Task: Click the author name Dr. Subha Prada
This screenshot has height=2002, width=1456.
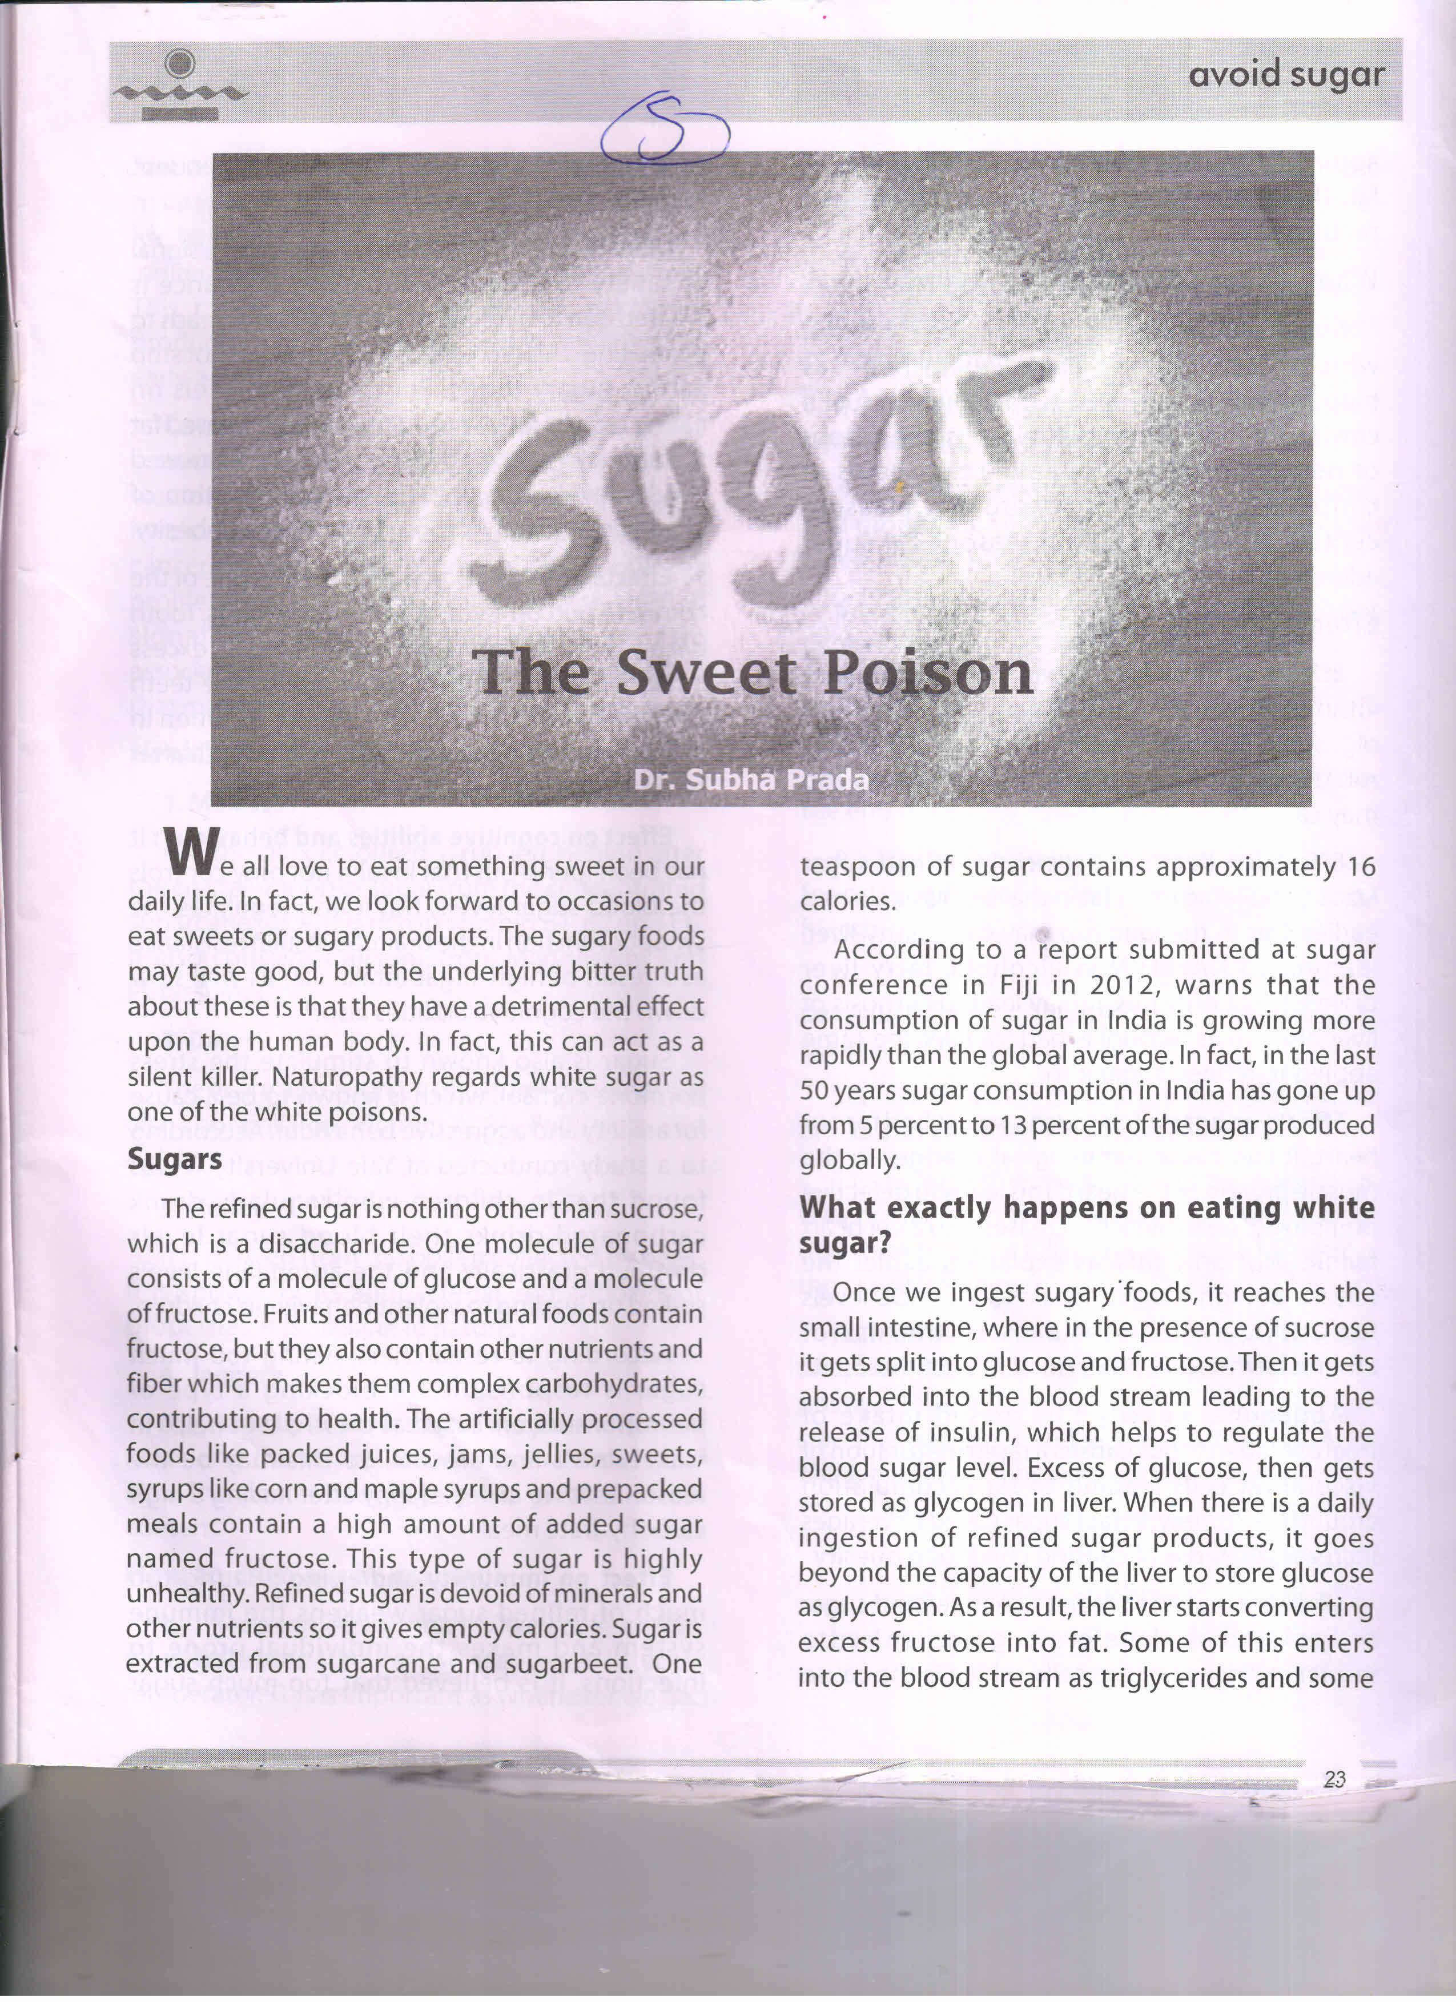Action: [x=750, y=780]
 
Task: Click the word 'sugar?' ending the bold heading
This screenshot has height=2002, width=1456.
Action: [x=845, y=1243]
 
